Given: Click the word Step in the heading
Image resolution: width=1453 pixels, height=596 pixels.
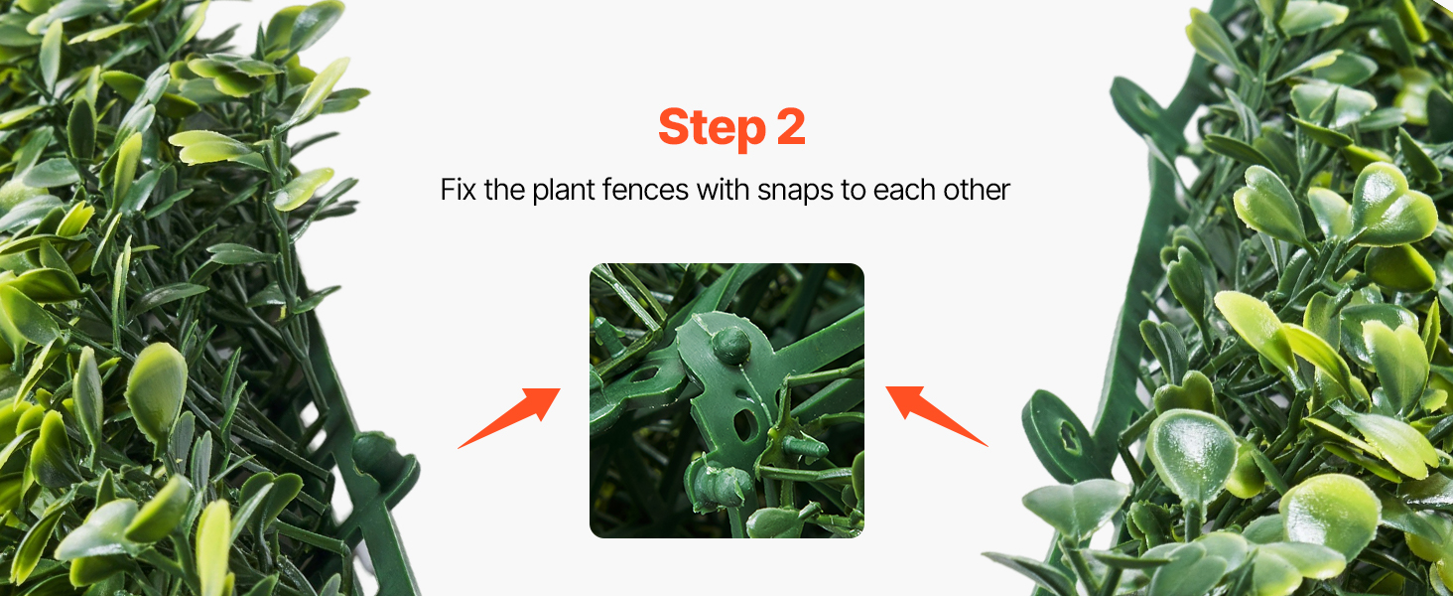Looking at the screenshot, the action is tap(712, 128).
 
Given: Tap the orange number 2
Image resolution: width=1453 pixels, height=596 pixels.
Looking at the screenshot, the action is tap(791, 126).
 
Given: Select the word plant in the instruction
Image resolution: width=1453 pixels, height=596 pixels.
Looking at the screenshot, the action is tap(563, 191).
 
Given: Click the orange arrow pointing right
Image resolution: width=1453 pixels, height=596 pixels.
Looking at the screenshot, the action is tap(509, 417).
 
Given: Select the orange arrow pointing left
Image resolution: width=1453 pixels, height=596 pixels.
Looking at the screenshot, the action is tap(936, 415).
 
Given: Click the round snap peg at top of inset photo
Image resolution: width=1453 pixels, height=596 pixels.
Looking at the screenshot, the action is tap(731, 344).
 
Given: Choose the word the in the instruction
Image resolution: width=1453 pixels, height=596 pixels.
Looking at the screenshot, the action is tap(504, 190).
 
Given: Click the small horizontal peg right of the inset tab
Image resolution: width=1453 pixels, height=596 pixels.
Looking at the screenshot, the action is tap(804, 447).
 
